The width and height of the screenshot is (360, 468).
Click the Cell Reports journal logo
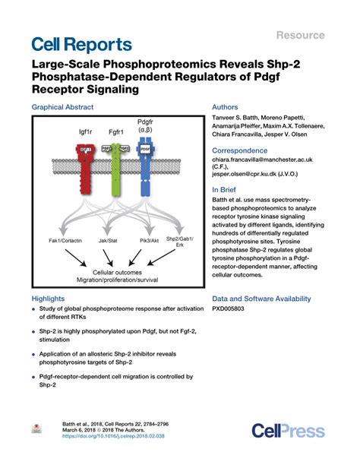[83, 44]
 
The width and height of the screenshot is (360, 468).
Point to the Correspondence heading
[245, 150]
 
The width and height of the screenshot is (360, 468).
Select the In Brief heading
[226, 189]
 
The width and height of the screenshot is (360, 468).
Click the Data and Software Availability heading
[272, 299]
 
